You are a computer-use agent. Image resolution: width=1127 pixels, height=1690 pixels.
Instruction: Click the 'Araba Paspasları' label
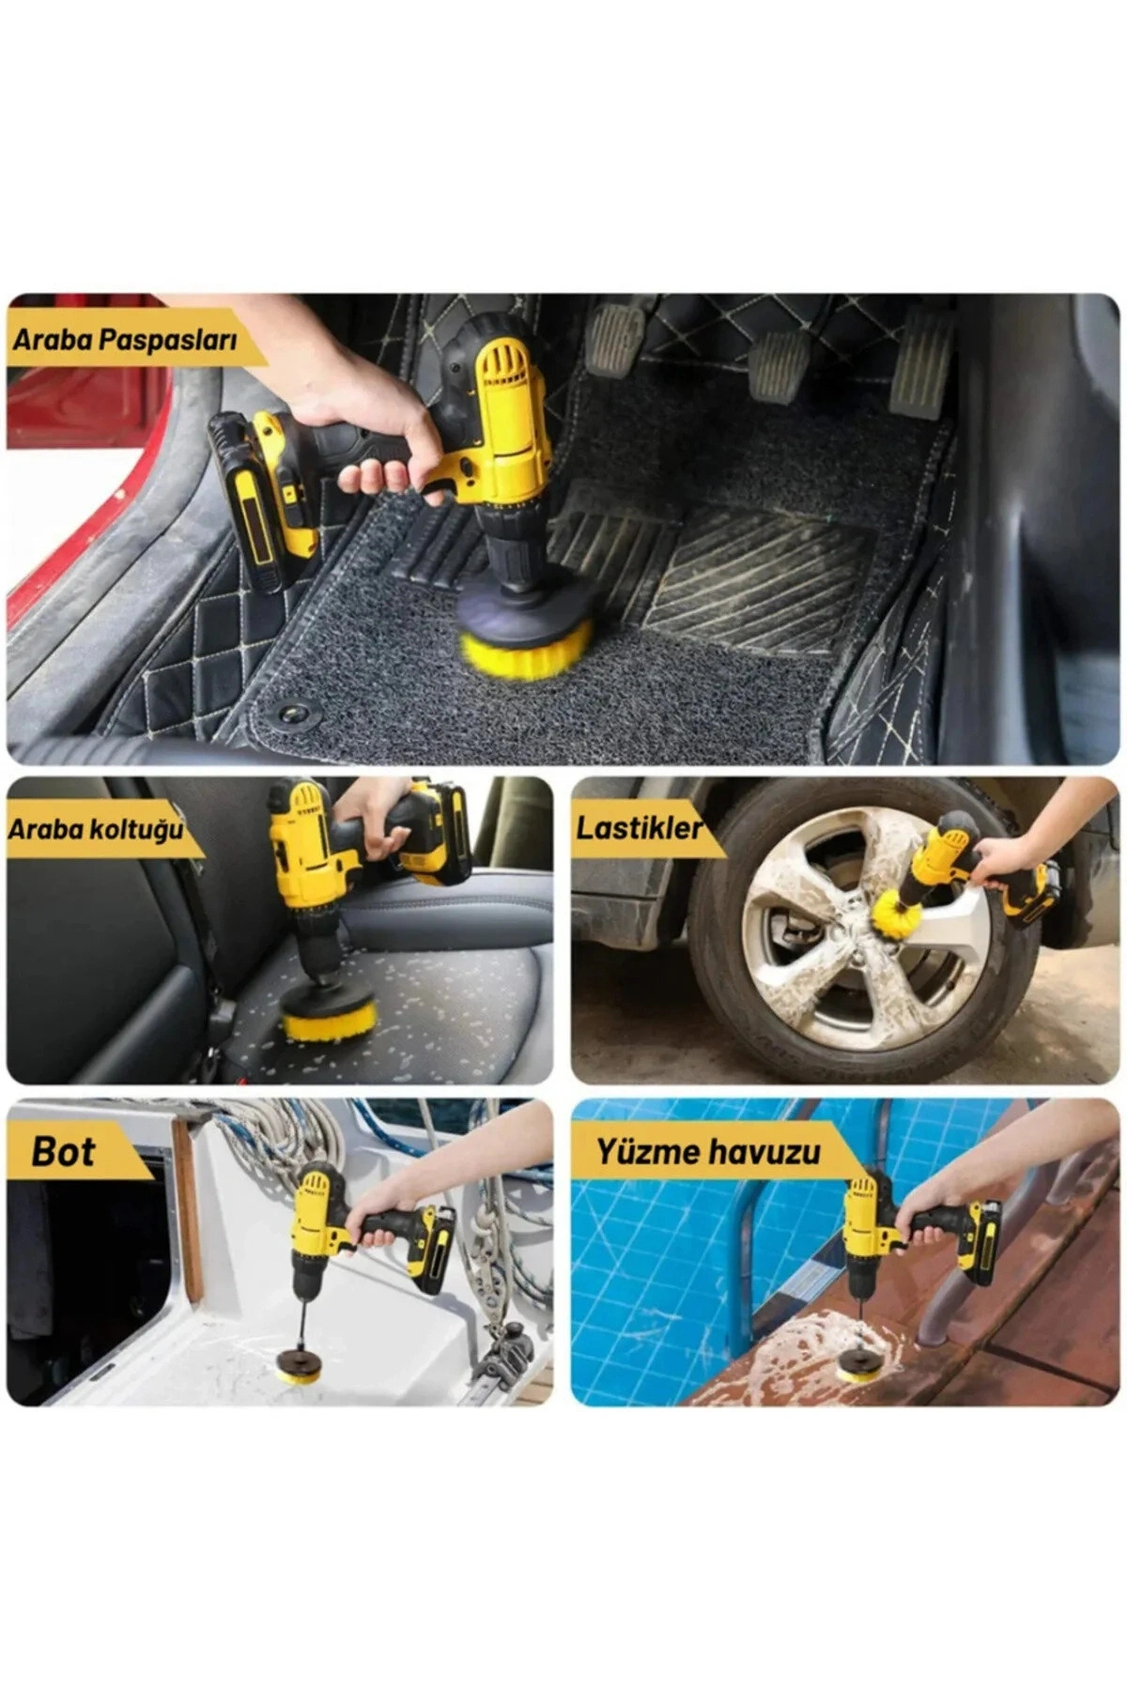click(124, 340)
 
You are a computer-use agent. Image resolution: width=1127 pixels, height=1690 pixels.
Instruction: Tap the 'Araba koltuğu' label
click(96, 830)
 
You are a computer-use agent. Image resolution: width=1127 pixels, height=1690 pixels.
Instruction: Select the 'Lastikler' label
click(639, 827)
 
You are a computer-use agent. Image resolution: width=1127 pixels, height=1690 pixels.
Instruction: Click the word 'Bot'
click(63, 1152)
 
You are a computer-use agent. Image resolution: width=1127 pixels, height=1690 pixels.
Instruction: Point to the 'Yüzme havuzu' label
click(708, 1151)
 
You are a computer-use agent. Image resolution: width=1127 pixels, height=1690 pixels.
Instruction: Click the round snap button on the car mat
click(294, 715)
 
